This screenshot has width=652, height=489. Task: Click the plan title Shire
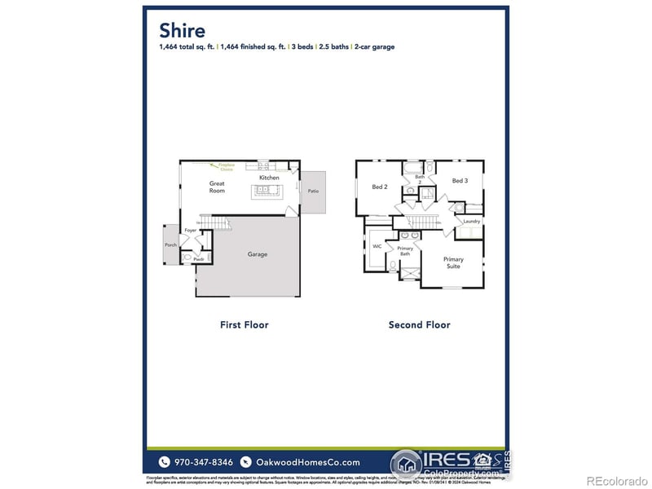pos(183,30)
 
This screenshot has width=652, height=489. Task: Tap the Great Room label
pos(217,187)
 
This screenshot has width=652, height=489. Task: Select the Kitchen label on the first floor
pos(269,178)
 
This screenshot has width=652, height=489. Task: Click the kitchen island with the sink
pos(266,192)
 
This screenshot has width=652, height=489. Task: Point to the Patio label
pos(313,192)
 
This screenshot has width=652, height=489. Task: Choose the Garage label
pos(258,254)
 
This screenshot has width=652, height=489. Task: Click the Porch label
pos(170,244)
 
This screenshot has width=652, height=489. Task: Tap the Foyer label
pos(190,231)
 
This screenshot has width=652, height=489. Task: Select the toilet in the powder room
pos(187,257)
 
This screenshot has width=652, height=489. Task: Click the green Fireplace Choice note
pos(227,167)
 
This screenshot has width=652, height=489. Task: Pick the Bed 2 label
pos(379,187)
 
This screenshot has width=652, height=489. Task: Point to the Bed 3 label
pos(460,180)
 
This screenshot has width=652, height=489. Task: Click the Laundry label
pos(471,222)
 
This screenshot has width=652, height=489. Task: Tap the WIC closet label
pos(377,245)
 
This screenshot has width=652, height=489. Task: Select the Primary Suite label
pos(453,262)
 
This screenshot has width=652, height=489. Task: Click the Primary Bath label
pos(405,251)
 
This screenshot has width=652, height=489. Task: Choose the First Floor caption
pos(244,324)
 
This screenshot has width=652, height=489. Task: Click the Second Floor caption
pos(419,324)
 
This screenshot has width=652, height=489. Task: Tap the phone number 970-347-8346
pos(200,462)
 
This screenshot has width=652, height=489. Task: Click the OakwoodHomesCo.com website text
pos(307,462)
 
